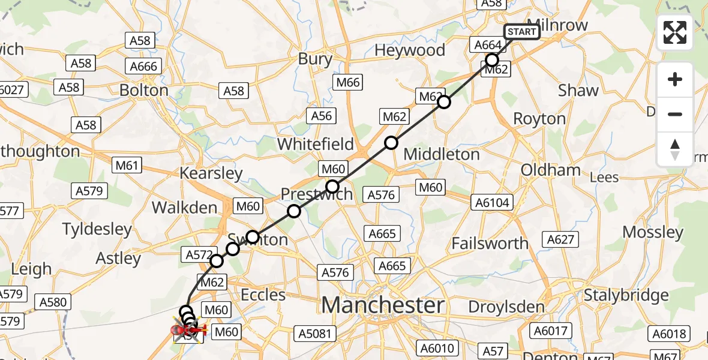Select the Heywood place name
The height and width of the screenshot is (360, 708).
pos(410,50)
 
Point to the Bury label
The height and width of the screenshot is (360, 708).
pos(315,59)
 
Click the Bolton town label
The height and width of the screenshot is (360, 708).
pos(144,91)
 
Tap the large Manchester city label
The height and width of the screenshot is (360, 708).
pos(383,305)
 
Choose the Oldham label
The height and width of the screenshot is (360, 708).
pos(550,170)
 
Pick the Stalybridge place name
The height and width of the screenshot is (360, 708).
pos(626,295)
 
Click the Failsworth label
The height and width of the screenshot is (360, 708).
pos(490,244)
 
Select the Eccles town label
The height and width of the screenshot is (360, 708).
pos(263,295)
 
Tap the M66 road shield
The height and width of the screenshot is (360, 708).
pos(349,82)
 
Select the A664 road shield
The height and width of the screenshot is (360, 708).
pos(488,45)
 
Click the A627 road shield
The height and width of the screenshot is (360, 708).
pos(561,240)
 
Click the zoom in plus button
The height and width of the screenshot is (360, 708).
pos(675,80)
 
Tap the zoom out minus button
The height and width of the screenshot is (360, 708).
pos(675,114)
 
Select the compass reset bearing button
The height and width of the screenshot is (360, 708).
pos(675,149)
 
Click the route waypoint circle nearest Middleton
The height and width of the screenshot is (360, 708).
pos(391,143)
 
